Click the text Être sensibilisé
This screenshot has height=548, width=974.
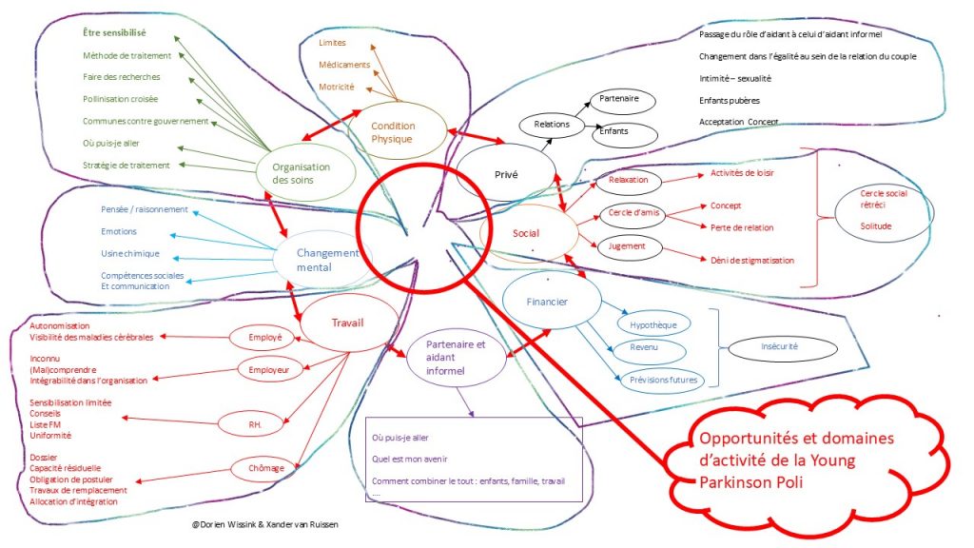pos(114,33)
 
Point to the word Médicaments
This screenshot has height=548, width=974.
pos(344,65)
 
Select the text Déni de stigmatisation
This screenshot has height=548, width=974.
pos(752,261)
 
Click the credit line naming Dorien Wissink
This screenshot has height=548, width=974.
pos(265,524)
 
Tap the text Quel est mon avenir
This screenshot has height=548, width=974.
pos(409,460)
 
